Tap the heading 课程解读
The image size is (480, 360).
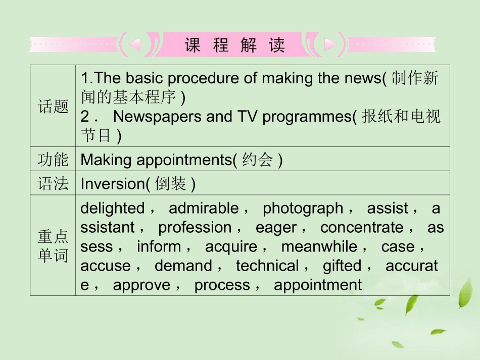pyautogui.click(x=235, y=45)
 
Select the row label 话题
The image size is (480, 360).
pyautogui.click(x=53, y=107)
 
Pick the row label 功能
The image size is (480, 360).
pyautogui.click(x=53, y=160)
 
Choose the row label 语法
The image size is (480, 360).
pyautogui.click(x=53, y=184)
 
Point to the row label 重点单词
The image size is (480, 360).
pyautogui.click(x=53, y=246)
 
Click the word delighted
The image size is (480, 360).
pyautogui.click(x=112, y=208)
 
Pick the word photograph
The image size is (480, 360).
pyautogui.click(x=303, y=208)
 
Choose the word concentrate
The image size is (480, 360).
pyautogui.click(x=362, y=227)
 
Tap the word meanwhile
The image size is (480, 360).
pyautogui.click(x=319, y=246)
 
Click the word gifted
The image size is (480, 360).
pyautogui.click(x=342, y=265)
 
